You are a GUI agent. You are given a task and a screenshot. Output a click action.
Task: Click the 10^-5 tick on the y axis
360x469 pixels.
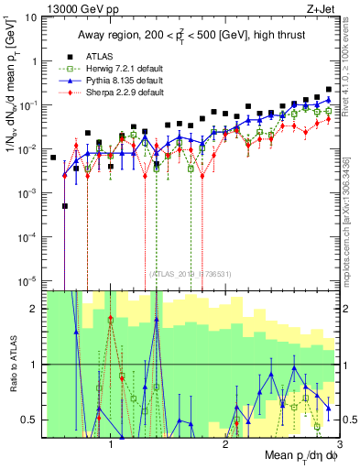click(x=30, y=280)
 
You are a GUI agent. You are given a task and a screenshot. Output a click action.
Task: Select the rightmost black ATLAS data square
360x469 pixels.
click(x=329, y=90)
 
